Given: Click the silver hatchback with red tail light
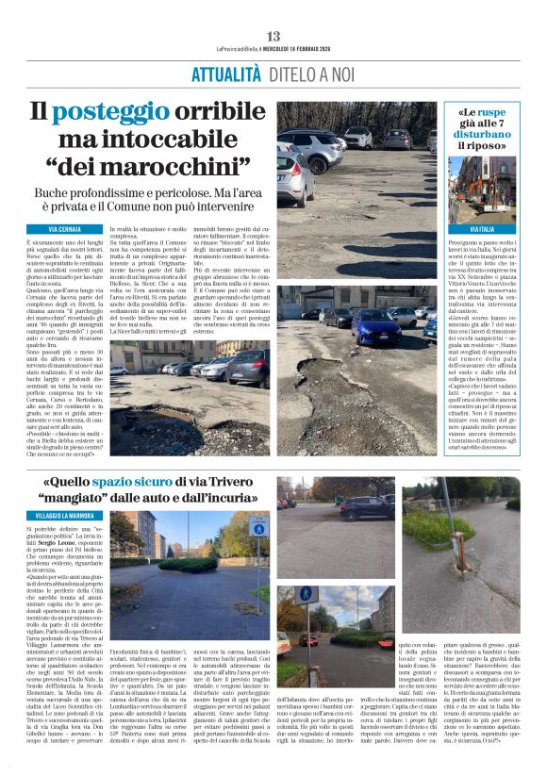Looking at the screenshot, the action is coord(295,174).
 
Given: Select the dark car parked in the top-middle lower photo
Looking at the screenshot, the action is coord(368,509).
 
